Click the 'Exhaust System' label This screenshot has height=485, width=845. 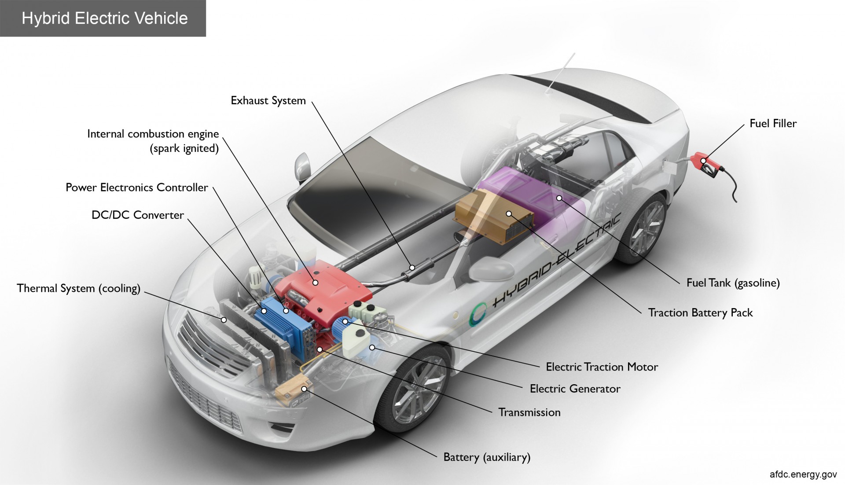(x=268, y=101)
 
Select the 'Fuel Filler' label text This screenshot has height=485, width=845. (x=773, y=124)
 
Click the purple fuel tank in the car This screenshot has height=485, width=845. (x=541, y=194)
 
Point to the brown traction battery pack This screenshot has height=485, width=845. (x=495, y=216)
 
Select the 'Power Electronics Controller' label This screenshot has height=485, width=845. (x=137, y=187)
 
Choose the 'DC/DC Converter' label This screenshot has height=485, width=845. (x=138, y=215)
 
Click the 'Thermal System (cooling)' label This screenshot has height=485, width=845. (x=78, y=289)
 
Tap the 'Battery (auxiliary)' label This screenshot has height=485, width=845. (x=487, y=457)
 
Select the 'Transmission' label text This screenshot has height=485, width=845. (x=529, y=412)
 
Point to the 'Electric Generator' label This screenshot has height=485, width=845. (x=575, y=389)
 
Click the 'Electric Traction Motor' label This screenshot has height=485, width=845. (x=602, y=367)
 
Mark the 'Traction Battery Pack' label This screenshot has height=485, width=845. (x=700, y=313)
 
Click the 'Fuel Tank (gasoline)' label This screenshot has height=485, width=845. (x=733, y=283)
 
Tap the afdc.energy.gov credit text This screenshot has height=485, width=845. (x=803, y=474)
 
